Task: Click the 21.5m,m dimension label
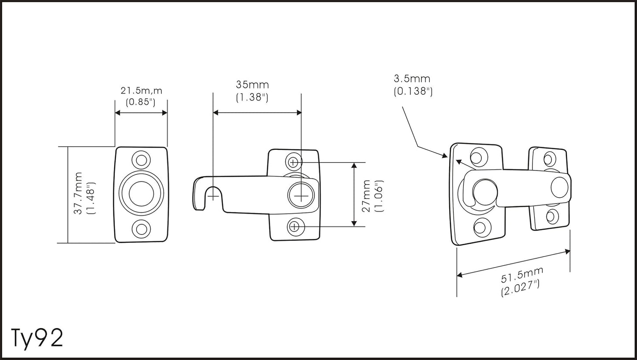coord(142,91)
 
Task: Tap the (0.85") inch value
coord(141,102)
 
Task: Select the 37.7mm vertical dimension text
coord(78,193)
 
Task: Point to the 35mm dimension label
coord(252,85)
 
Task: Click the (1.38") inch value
coord(252,97)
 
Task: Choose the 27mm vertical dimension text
coord(366,196)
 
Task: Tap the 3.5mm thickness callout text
coord(412,78)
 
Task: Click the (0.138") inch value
coord(413,91)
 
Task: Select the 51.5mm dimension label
coord(522,275)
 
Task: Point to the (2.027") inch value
coord(520,288)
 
